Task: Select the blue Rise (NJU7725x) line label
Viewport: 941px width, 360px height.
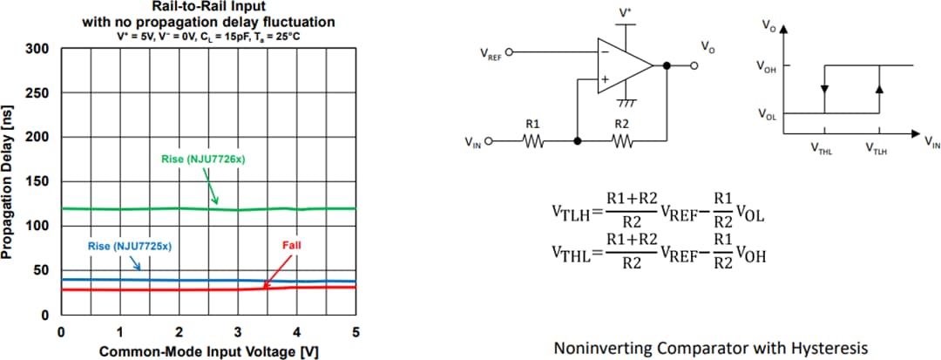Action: (130, 247)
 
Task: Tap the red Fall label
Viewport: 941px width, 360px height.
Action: (291, 245)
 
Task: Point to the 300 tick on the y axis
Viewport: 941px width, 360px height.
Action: (37, 48)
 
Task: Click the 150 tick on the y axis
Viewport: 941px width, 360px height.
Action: (37, 181)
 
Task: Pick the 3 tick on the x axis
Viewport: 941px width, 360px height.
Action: (237, 331)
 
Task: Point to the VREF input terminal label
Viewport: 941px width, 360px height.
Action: (491, 53)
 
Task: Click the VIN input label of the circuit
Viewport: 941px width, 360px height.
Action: (473, 142)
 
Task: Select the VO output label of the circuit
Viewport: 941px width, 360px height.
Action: (707, 46)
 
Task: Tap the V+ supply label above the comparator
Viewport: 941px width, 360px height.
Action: (625, 13)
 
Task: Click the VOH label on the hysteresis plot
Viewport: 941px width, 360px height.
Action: (766, 66)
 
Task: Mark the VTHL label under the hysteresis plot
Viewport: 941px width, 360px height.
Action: (821, 150)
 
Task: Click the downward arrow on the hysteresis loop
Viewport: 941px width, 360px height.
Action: (824, 89)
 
